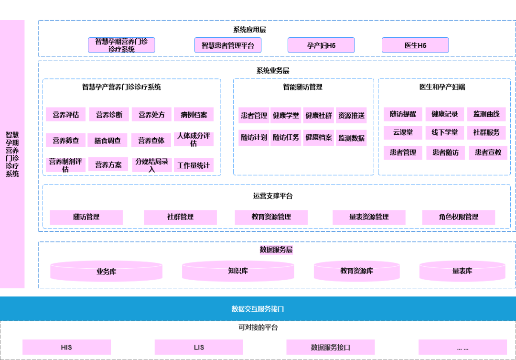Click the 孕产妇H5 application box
coord(321,45)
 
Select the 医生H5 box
coord(415,45)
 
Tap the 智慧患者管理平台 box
coord(227,45)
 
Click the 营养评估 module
coord(66,115)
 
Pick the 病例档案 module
coord(194,115)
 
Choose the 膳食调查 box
coord(107,141)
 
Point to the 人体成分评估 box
coord(193,140)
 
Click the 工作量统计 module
coord(193,165)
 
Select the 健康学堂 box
coord(286,115)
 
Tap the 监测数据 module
coord(351,138)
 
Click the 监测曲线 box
coord(486,114)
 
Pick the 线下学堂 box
coord(445,132)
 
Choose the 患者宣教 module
coord(487,153)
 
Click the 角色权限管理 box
coord(459,217)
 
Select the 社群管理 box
coord(180,217)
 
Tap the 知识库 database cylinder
coord(238,271)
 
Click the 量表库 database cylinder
coord(462,271)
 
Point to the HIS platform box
coord(66,347)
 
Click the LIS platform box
coord(199,347)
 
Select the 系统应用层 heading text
coord(249,30)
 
